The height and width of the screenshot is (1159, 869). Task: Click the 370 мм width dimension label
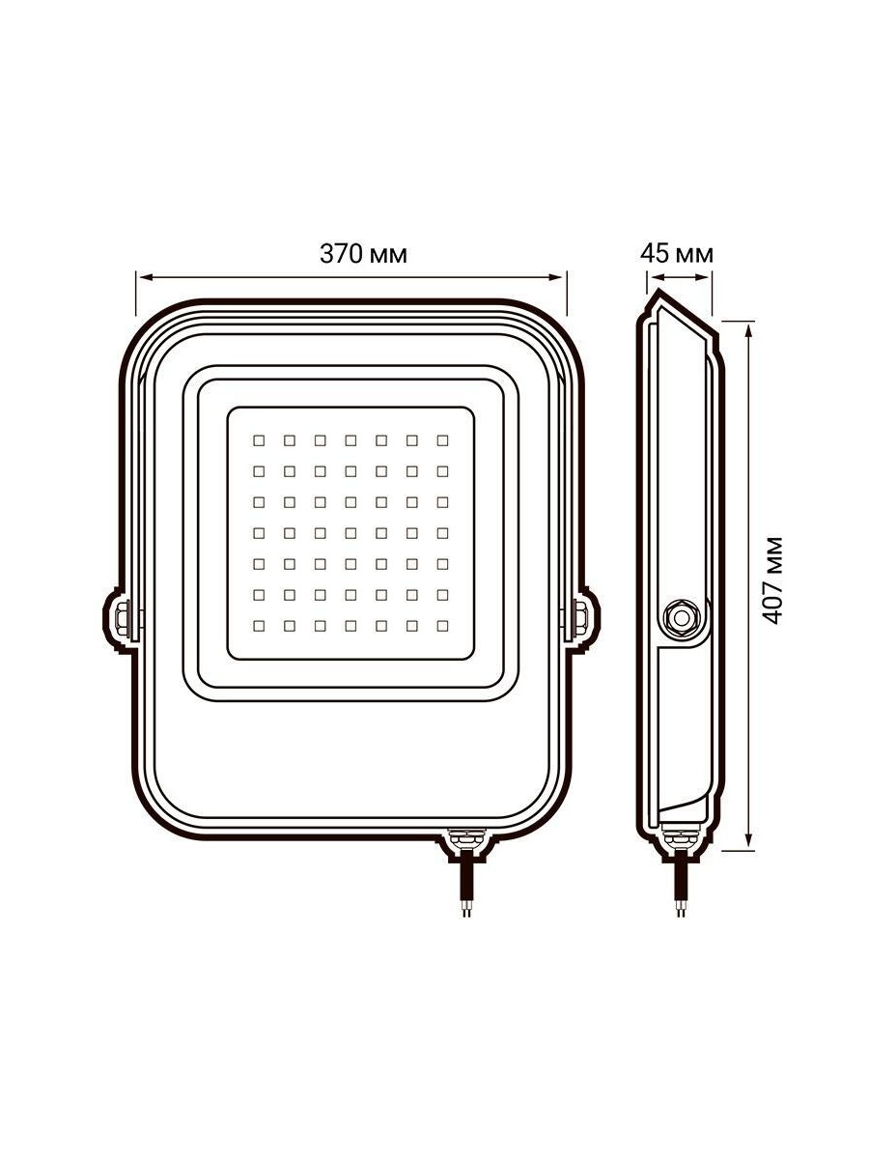coord(363,254)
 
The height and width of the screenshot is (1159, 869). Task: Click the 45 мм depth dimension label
coord(677,254)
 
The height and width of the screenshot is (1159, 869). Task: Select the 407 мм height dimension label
coord(773,579)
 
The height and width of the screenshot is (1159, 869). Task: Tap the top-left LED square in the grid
coord(259,440)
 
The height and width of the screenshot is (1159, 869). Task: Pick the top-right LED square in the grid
coord(442,440)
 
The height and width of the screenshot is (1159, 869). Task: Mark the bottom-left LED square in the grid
coord(259,626)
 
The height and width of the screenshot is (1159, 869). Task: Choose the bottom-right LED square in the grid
coord(442,626)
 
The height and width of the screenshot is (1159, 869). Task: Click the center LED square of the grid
coord(350,533)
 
